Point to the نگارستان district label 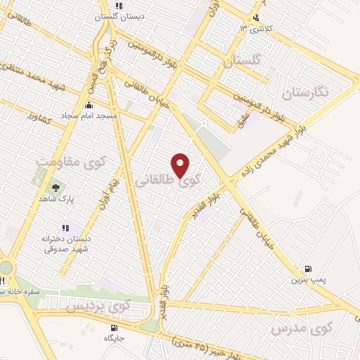coord(307,91)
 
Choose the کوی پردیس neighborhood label coord(98,307)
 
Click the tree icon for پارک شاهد coord(55,188)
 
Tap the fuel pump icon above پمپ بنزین coord(307,269)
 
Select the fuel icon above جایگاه coord(114,327)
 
